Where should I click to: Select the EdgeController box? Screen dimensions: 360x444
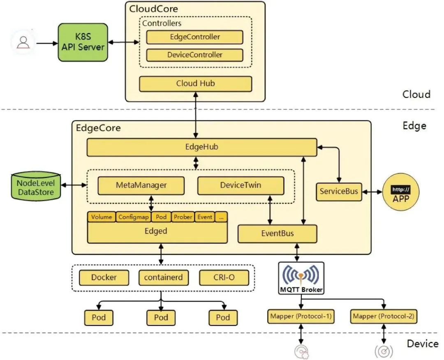pos(194,37)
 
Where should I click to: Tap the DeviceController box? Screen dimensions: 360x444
pos(194,55)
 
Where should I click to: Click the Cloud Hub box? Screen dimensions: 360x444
pos(195,84)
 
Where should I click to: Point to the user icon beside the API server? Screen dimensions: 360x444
pos(23,42)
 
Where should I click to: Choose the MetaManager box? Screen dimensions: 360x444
pos(141,185)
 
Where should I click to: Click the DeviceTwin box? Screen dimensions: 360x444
pos(240,185)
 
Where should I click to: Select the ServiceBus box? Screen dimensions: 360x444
pos(339,192)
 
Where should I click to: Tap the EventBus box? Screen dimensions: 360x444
pos(277,233)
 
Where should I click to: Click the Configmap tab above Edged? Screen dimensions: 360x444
pos(133,217)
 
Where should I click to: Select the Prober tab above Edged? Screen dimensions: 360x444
pos(183,217)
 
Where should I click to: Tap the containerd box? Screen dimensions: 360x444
pos(163,278)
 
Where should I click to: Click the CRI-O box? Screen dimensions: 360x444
pos(224,278)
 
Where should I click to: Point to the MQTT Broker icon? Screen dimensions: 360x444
pos(301,278)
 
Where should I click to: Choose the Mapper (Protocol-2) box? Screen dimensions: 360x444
pos(384,316)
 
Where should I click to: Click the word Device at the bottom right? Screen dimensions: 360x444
pos(422,343)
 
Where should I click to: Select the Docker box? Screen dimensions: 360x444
pos(104,278)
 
